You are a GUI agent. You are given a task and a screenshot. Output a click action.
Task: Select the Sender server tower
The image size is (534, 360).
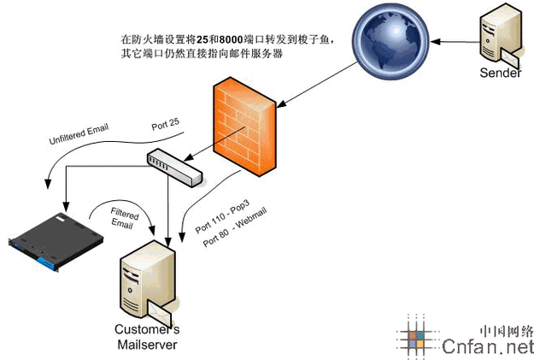click(497, 38)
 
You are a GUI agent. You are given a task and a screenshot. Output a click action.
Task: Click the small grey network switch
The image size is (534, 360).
click(174, 167)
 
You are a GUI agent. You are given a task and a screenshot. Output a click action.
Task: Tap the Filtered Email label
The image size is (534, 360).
click(123, 214)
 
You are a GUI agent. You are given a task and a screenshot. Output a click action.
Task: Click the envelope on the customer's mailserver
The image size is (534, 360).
click(161, 306)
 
